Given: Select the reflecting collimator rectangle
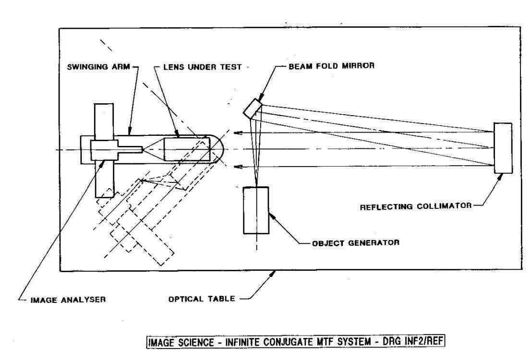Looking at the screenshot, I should point(503,148).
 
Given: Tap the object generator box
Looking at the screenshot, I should point(256,210).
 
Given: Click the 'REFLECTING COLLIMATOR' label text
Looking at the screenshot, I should point(416,207).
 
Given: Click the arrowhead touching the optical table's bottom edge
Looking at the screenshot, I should point(275,274).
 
